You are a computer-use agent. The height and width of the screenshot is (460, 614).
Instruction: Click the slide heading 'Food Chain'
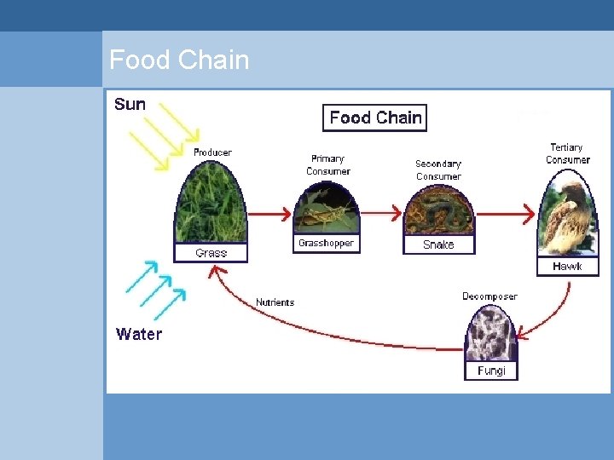pyautogui.click(x=179, y=60)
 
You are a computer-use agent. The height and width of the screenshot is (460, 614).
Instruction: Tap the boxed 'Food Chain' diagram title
pyautogui.click(x=375, y=118)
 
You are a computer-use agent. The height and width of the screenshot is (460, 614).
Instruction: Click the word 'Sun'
pyautogui.click(x=130, y=105)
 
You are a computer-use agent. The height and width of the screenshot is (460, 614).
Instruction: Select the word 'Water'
pyautogui.click(x=138, y=334)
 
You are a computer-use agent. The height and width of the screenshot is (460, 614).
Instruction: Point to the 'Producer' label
pyautogui.click(x=212, y=152)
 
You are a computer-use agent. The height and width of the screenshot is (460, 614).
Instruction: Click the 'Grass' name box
pyautogui.click(x=211, y=253)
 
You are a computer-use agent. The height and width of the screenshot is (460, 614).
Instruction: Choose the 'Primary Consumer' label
pyautogui.click(x=328, y=164)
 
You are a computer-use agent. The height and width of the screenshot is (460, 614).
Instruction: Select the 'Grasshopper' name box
pyautogui.click(x=326, y=244)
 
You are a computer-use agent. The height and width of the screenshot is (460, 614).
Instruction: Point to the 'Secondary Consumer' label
pyautogui.click(x=438, y=170)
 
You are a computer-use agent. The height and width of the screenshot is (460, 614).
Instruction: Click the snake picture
pyautogui.click(x=438, y=213)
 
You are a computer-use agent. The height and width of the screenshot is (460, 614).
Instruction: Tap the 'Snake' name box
pyautogui.click(x=438, y=244)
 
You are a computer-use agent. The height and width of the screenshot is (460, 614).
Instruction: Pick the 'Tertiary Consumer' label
pyautogui.click(x=567, y=153)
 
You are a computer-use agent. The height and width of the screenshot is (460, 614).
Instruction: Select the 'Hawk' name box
pyautogui.click(x=567, y=267)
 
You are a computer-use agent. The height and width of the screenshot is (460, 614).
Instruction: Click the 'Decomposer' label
pyautogui.click(x=489, y=296)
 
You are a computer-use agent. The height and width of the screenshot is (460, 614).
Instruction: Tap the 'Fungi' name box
pyautogui.click(x=491, y=371)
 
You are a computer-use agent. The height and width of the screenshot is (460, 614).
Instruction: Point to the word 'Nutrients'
pyautogui.click(x=275, y=302)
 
